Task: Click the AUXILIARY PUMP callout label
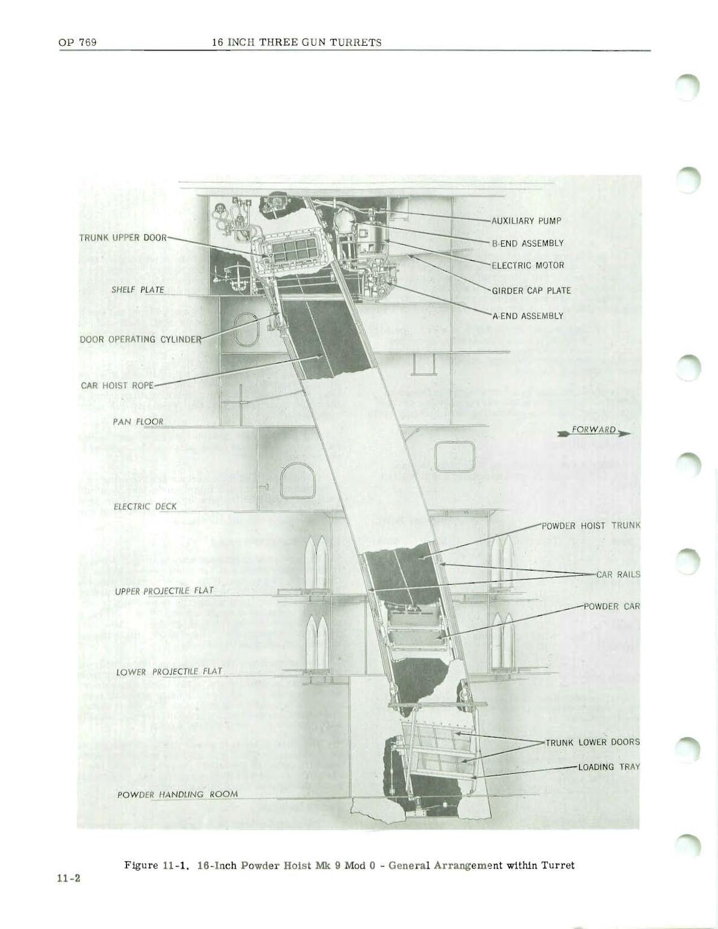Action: tap(526, 221)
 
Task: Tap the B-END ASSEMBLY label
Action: tap(528, 243)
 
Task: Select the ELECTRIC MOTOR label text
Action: tap(528, 265)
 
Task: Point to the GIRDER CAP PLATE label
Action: tap(531, 291)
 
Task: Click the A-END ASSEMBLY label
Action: tap(527, 316)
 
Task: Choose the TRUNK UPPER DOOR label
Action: tap(123, 238)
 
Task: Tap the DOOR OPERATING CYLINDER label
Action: tap(140, 339)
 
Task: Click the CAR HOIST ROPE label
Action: tap(117, 386)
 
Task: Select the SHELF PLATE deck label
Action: tap(138, 290)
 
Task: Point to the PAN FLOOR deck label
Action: tap(138, 422)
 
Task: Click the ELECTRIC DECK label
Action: tap(145, 507)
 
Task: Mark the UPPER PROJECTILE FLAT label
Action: tap(164, 591)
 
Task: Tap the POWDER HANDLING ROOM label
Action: tap(178, 794)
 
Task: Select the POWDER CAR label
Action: tap(612, 606)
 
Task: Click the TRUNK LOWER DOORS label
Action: tap(593, 742)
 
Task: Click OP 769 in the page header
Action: tap(78, 42)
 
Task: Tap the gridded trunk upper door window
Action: tap(295, 251)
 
